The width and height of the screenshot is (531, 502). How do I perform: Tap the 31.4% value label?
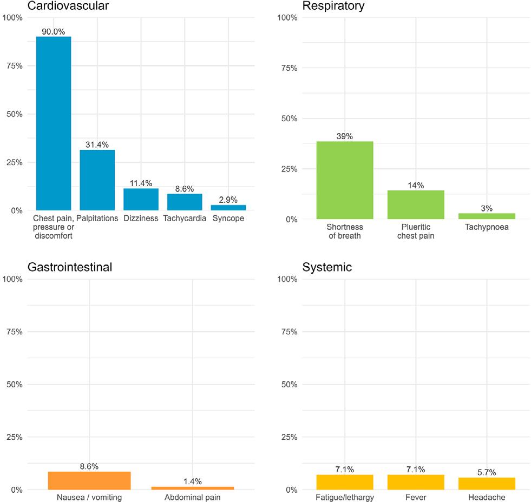(x=97, y=144)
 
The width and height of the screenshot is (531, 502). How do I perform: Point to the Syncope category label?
(x=228, y=219)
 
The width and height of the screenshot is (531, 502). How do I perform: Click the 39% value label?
(x=345, y=136)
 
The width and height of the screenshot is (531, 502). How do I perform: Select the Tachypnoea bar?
(x=487, y=216)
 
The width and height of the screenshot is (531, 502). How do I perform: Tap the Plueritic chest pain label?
(x=416, y=232)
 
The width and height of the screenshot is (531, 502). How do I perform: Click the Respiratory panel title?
(x=333, y=6)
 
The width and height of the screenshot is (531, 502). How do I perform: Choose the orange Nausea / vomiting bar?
(x=89, y=480)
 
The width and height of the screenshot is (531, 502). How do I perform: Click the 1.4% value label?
(x=192, y=481)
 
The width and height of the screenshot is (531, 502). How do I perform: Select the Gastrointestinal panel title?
(x=69, y=267)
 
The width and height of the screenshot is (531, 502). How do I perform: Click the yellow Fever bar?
(x=416, y=482)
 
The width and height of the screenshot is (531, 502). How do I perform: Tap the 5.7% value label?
(x=487, y=472)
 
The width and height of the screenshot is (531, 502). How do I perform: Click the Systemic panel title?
(x=327, y=267)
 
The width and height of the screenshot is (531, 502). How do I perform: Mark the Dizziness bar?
(x=141, y=199)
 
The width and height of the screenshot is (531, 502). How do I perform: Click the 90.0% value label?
(x=53, y=31)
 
